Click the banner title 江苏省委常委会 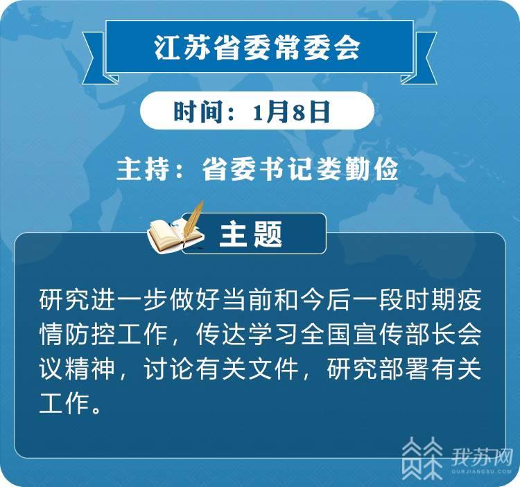[257, 47]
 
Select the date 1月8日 [291, 112]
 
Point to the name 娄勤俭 [357, 169]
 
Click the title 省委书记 [259, 169]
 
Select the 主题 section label [251, 234]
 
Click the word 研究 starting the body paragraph [64, 300]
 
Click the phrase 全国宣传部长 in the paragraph [378, 334]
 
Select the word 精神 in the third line [91, 369]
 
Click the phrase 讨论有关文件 [221, 369]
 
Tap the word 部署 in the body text [404, 369]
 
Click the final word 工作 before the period [64, 403]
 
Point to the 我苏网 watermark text [482, 457]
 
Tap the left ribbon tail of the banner [96, 58]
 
